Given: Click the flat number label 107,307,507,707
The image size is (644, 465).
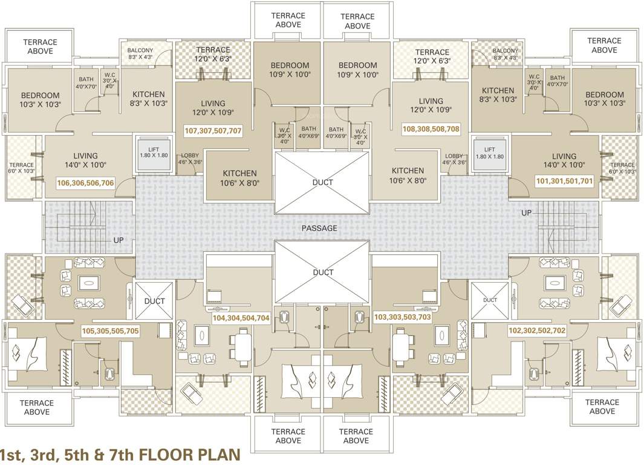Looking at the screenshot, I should point(213,130).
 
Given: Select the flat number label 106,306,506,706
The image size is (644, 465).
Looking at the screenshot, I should point(85,183).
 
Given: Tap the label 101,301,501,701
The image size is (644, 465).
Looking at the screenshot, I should point(564,180).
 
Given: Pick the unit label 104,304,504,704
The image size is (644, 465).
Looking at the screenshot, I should point(241,317).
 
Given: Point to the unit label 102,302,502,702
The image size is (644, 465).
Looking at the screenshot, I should point(536,331).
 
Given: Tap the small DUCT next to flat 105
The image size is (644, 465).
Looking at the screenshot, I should point(151,301).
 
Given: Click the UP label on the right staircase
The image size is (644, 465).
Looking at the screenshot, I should point(527,213).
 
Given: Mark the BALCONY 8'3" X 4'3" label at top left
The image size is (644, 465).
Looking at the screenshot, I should point(140,54).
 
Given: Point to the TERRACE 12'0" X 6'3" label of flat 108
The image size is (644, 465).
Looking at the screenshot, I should point(432,56).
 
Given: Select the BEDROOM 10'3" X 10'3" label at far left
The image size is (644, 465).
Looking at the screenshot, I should point(41,100).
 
